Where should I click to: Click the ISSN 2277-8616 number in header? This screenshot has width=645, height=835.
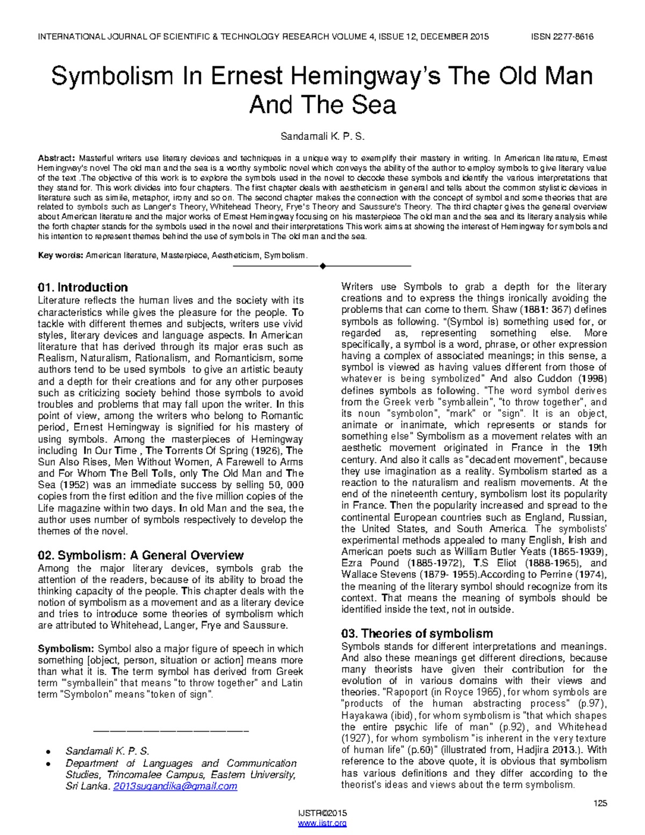tap(562, 37)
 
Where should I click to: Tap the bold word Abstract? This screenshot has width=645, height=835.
tap(56, 158)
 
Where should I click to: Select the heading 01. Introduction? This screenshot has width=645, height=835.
tap(83, 287)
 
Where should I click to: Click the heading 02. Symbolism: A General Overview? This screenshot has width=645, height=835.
tap(141, 555)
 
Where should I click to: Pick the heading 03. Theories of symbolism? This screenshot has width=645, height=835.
tap(417, 633)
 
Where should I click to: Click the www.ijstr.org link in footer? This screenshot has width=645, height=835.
tap(322, 823)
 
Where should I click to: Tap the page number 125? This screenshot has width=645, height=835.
tap(600, 803)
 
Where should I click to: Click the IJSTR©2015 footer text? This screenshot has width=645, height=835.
tap(322, 813)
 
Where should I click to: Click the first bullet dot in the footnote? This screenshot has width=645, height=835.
tap(49, 752)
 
